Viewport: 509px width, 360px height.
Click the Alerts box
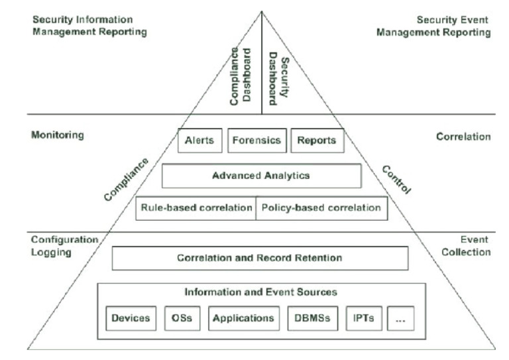click(x=199, y=141)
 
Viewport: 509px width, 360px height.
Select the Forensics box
click(x=257, y=141)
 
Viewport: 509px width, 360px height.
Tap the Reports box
click(x=317, y=141)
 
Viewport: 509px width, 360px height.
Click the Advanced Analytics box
click(x=261, y=176)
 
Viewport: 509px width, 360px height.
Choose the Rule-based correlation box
click(x=196, y=208)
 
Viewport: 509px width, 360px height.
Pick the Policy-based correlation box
click(x=321, y=208)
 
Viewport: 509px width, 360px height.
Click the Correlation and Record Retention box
click(x=260, y=258)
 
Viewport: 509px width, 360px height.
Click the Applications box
click(x=243, y=318)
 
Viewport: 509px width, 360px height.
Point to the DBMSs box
click(x=310, y=318)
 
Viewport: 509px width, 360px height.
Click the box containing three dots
click(x=400, y=318)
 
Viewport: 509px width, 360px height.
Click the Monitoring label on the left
click(x=58, y=135)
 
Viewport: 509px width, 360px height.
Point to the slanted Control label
click(x=396, y=178)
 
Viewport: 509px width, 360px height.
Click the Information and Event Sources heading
click(x=260, y=292)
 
